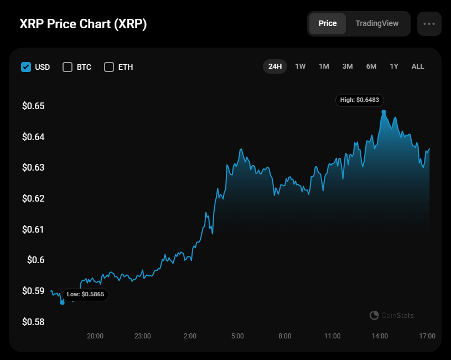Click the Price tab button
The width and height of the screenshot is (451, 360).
click(x=328, y=24)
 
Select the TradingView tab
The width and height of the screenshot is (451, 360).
click(x=377, y=24)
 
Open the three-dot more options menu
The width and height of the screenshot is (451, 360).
click(x=429, y=24)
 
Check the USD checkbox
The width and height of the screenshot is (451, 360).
click(x=26, y=67)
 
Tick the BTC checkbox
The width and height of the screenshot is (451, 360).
click(x=68, y=67)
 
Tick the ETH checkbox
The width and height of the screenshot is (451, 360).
click(x=109, y=67)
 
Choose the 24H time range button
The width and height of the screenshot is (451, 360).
click(x=275, y=66)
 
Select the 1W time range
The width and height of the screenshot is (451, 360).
click(x=300, y=66)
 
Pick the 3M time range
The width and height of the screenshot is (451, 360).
click(x=348, y=66)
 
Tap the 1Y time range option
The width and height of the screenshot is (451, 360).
click(x=394, y=66)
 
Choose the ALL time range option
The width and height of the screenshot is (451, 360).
click(x=418, y=66)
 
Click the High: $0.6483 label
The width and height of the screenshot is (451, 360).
click(x=360, y=100)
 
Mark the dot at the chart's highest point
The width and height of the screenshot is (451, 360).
click(x=383, y=112)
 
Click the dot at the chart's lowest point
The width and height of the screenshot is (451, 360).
click(x=62, y=302)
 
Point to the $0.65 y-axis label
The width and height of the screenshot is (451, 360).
click(x=33, y=106)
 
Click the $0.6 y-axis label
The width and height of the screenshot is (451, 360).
click(x=35, y=260)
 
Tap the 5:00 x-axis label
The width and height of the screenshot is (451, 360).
click(x=237, y=336)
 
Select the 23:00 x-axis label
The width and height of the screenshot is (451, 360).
click(x=143, y=336)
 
